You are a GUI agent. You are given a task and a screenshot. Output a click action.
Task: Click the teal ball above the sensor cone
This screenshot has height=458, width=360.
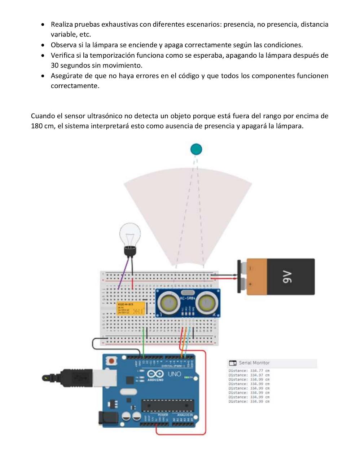click(196, 149)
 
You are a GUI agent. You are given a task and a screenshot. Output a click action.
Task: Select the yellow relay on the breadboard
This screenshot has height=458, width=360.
click(131, 309)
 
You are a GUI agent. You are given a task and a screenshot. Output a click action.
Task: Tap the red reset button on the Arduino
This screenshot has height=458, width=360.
click(112, 360)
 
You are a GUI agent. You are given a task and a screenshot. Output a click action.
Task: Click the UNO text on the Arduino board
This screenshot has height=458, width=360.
click(174, 374)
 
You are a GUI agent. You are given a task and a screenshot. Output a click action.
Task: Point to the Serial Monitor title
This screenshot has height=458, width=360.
click(254, 363)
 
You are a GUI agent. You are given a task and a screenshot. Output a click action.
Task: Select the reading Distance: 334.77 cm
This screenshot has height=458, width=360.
click(249, 371)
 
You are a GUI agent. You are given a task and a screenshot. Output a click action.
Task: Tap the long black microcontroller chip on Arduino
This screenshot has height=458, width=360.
click(167, 405)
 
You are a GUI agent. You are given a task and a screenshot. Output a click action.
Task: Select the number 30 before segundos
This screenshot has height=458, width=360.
click(54, 66)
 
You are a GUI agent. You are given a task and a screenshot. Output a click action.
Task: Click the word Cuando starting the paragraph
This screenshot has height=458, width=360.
click(43, 116)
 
